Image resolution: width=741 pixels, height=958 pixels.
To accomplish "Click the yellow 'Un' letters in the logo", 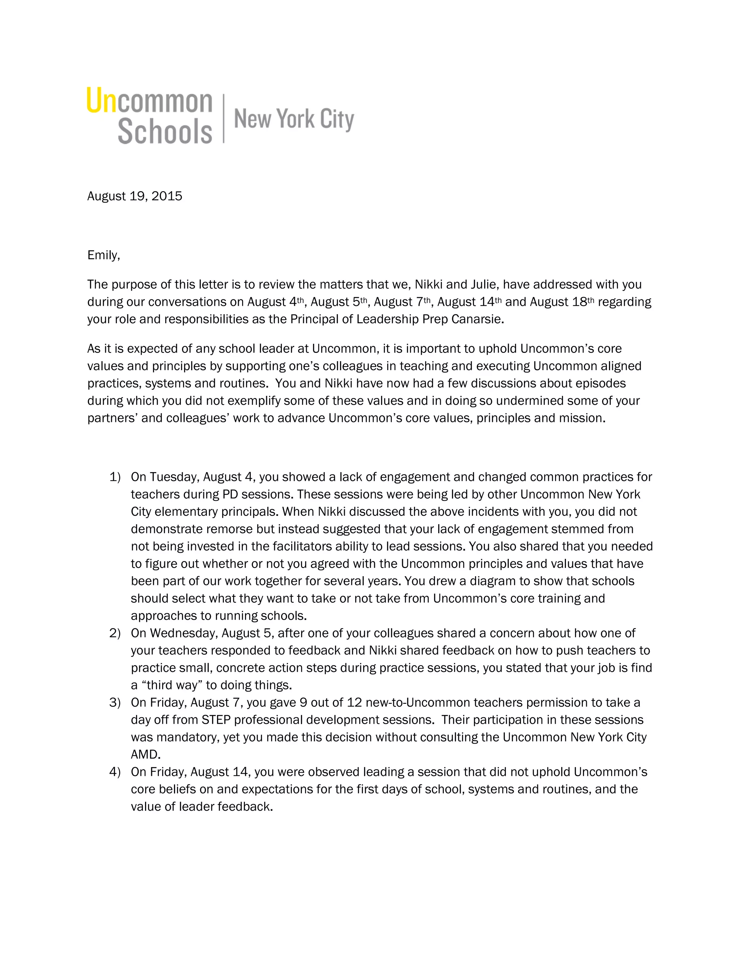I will pos(101,100).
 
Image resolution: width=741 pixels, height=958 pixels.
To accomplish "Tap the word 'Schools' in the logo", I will pos(165,131).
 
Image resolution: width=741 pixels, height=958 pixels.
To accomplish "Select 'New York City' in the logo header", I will pos(294,119).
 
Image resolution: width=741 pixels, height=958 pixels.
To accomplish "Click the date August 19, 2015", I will pos(134,196).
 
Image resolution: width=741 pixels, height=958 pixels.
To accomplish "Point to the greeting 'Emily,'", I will pos(103,255).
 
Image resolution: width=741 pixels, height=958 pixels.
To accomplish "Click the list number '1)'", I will pos(115,477).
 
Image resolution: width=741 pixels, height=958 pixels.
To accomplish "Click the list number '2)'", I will pos(115,633).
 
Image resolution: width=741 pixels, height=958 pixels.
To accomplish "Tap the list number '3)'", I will pos(115,702).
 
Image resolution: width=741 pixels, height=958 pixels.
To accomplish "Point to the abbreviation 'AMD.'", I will pos(146,754).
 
